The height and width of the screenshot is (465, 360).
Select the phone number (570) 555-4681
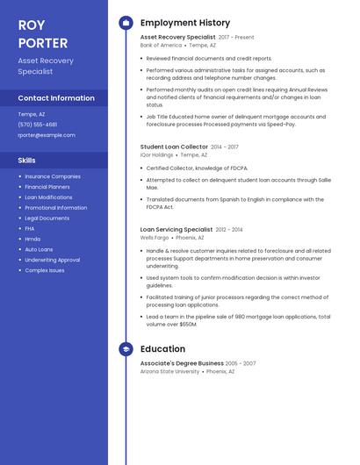[38, 125]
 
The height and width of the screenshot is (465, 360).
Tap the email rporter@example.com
[47, 135]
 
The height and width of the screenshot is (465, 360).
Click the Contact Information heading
[56, 98]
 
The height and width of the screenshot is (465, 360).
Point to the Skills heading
[27, 161]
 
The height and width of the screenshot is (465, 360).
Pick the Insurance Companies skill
[53, 176]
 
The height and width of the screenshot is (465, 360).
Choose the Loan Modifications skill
[48, 197]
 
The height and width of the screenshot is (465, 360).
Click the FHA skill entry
[30, 229]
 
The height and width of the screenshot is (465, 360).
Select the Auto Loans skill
[39, 249]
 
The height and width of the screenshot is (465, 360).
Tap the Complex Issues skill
[45, 270]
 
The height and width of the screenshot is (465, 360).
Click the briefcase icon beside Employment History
[126, 23]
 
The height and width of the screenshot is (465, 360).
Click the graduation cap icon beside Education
[126, 349]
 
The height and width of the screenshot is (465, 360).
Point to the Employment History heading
[185, 23]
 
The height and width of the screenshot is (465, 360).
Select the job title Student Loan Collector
[174, 147]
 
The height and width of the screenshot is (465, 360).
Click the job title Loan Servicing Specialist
[176, 229]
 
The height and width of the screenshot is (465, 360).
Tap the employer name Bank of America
[161, 45]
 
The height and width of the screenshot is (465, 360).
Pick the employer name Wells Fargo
[155, 237]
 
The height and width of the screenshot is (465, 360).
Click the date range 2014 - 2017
[225, 147]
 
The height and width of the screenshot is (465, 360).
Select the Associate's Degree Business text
[182, 363]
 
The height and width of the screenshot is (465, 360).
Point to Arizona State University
[169, 371]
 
